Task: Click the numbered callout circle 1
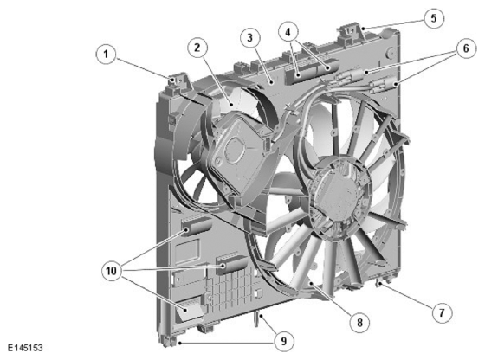coord(106,54)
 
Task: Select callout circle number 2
coord(197,48)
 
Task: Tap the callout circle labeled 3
coord(250,38)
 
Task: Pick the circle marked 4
coord(288,32)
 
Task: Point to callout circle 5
coord(434,18)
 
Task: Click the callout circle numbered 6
coord(466,48)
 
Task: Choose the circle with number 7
coord(442,312)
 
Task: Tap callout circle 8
coord(359,323)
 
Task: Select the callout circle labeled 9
coord(284,342)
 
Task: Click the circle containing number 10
coord(112,271)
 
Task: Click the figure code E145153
coord(25,348)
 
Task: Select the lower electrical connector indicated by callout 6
coord(384,84)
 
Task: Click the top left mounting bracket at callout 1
coord(178,81)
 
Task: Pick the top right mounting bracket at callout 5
coord(352,33)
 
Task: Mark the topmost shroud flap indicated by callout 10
coord(196,226)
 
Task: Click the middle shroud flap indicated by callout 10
coord(231,264)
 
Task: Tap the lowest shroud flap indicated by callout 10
coord(190,308)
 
